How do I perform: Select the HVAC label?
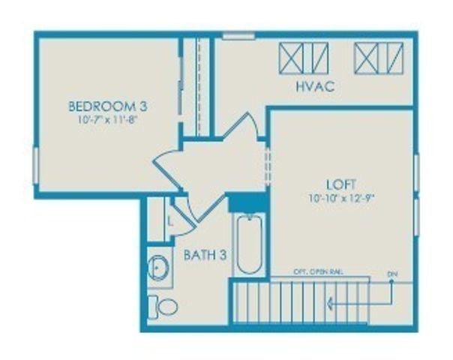(x=314, y=87)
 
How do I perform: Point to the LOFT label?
(x=340, y=184)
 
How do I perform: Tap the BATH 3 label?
(x=205, y=255)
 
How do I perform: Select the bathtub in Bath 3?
(x=248, y=244)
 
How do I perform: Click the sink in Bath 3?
(x=159, y=267)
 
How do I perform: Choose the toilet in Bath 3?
(x=163, y=306)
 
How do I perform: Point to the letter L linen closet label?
(x=170, y=223)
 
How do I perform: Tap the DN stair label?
(x=391, y=273)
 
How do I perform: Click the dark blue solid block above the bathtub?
(x=247, y=202)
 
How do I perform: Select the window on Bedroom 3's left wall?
(x=35, y=164)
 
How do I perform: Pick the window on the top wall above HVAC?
(x=238, y=35)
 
